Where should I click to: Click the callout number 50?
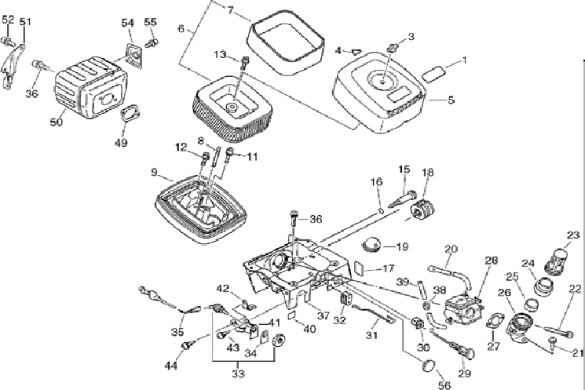pyautogui.click(x=56, y=122)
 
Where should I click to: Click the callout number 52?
pyautogui.click(x=8, y=19)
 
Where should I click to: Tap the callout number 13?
pyautogui.click(x=221, y=54)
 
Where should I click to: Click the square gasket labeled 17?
pyautogui.click(x=357, y=268)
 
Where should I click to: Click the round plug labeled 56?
pyautogui.click(x=428, y=365)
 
